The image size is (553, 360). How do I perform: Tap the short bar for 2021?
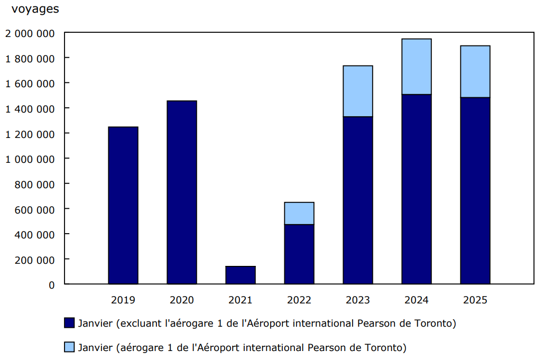[241, 275]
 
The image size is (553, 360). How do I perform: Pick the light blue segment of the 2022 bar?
[299, 213]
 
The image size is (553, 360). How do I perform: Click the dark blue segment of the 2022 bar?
[299, 254]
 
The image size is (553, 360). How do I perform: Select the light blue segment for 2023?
[358, 91]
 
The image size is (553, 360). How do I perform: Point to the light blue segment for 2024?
[417, 67]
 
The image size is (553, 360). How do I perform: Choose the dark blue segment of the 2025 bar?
[475, 190]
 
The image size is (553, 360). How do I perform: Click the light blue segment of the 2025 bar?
[475, 71]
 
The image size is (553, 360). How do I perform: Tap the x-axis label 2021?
[241, 300]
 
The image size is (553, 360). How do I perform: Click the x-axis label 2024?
[417, 300]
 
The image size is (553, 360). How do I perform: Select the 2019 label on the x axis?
[123, 300]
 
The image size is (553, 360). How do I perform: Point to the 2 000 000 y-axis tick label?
[30, 33]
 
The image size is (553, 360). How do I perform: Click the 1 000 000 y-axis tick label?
[30, 159]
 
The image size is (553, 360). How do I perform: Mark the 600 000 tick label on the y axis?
[35, 209]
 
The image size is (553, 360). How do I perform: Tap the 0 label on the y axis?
[52, 285]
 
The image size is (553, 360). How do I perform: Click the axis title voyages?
[35, 9]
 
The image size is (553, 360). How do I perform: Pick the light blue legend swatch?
[69, 347]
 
